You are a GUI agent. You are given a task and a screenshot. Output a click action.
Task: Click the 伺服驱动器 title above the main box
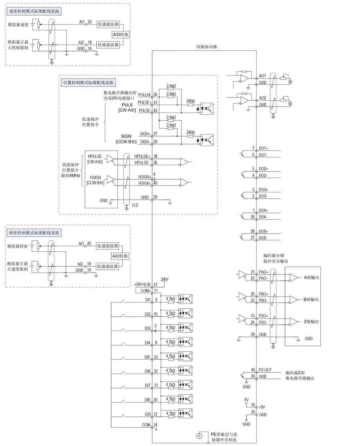[206, 47]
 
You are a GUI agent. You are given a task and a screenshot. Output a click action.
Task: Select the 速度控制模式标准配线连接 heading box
[34, 11]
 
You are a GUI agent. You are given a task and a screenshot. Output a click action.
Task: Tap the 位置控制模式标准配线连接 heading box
[88, 83]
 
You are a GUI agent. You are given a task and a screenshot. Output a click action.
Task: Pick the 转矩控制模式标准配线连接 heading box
[34, 233]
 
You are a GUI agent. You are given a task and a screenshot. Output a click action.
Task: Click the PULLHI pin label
[144, 95]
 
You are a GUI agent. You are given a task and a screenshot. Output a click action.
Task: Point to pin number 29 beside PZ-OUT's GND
[253, 376]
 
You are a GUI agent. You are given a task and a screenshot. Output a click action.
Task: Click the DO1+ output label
[263, 148]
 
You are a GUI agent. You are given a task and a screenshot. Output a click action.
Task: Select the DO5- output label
[263, 238]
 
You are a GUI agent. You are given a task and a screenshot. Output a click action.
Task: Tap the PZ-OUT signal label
[265, 370]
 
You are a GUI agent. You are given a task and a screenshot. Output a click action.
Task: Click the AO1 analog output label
[263, 76]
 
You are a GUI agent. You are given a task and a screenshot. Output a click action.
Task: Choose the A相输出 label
[311, 278]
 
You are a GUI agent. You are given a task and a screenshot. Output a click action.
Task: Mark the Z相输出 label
[311, 322]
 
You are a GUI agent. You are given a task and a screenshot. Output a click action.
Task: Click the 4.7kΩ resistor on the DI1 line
[170, 299]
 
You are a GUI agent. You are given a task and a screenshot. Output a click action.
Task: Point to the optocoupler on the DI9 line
[185, 414]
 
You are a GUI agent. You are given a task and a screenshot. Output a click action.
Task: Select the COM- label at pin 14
[146, 425]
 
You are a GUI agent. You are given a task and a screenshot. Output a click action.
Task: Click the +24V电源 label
[142, 285]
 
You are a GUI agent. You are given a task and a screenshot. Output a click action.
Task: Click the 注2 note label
[135, 205]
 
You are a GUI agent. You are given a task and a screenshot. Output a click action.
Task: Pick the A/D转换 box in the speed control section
[120, 35]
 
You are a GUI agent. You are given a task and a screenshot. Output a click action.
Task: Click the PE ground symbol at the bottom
[199, 436]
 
